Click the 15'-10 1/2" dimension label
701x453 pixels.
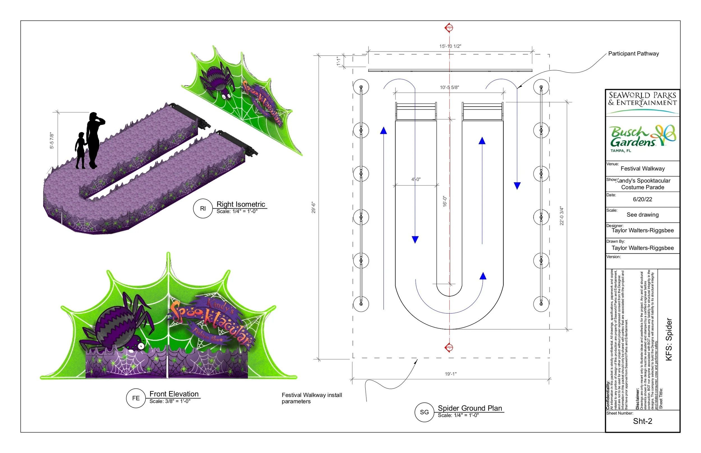(450, 46)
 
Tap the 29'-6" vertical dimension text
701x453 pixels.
(314, 207)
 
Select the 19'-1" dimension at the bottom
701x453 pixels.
(451, 374)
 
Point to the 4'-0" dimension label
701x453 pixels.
(416, 179)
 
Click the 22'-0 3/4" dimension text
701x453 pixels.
(562, 216)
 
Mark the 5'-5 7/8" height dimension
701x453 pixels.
(52, 140)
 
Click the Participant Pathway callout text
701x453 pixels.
(633, 53)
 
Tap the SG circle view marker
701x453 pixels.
(424, 412)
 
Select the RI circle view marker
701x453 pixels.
(203, 209)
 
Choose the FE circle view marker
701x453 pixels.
(136, 398)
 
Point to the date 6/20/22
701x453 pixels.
(642, 199)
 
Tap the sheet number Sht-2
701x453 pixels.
(642, 421)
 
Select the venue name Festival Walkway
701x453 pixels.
(642, 169)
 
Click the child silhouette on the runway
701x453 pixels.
(80, 151)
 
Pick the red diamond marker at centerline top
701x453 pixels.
(449, 28)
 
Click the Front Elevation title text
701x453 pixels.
(174, 394)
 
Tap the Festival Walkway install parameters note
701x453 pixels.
(312, 398)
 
